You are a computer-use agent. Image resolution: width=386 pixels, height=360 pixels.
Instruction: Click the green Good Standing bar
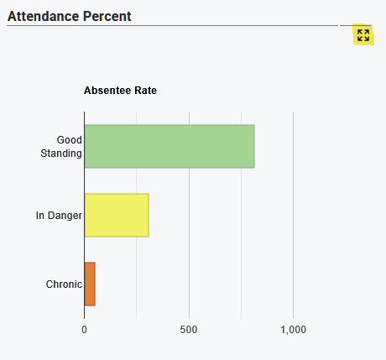coord(170,146)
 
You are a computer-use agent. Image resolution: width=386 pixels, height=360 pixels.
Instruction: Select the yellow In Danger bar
coord(117,215)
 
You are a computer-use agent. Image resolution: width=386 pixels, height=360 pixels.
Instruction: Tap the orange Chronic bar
coord(90,284)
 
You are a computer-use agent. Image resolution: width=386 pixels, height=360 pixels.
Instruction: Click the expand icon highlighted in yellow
coord(363,35)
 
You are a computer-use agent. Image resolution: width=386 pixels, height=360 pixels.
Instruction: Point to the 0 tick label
coord(84,330)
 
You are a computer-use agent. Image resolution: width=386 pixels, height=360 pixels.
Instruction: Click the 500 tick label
coord(189,330)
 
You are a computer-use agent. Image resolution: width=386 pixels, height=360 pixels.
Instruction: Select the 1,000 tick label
coord(294,330)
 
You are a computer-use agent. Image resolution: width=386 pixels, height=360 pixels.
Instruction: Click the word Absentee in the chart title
coord(107,91)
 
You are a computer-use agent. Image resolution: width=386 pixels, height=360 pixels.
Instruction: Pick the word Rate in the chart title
coord(145,91)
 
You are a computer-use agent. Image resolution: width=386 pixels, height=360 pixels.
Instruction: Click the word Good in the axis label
coord(70,140)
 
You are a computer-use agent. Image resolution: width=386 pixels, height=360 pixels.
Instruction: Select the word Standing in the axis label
coord(61,154)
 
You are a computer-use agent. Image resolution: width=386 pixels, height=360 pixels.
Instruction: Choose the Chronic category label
coord(64,284)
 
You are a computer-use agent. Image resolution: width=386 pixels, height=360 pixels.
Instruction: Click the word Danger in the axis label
coord(65,216)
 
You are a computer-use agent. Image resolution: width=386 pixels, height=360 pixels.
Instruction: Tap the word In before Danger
coord(40,216)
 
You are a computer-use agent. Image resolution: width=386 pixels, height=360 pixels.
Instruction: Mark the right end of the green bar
coord(254,146)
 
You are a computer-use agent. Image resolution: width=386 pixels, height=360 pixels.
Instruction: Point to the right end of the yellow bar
coord(149,215)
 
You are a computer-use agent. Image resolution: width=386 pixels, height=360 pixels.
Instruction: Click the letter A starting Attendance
coord(13,16)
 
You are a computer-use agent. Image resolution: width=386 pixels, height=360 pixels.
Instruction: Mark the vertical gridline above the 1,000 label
coord(294,215)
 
